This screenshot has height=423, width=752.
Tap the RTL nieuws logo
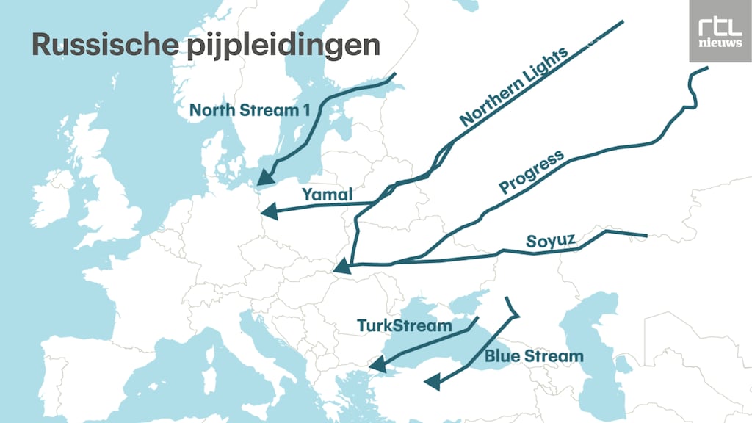point(720,31)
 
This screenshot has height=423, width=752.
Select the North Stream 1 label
point(250,110)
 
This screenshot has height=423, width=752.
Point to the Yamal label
point(328,195)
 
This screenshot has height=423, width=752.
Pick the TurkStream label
point(404,325)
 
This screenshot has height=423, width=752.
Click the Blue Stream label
point(534,356)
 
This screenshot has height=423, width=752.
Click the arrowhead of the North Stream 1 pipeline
point(264,176)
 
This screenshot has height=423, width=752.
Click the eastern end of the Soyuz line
point(645,236)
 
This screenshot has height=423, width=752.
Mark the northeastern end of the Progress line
point(706,68)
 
